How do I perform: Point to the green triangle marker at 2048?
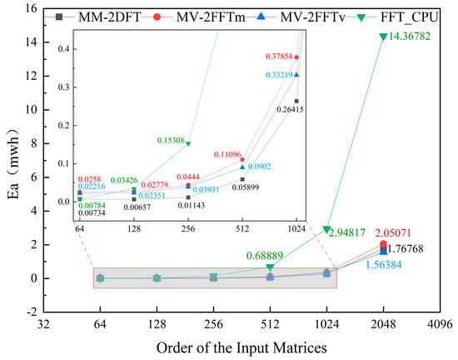[x=383, y=37]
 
